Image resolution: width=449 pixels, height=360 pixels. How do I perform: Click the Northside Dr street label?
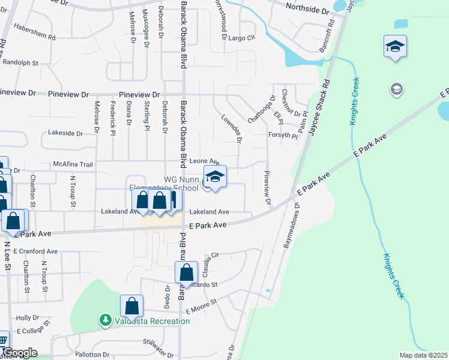(x=308, y=11)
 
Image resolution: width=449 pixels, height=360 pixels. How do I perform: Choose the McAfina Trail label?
(x=73, y=164)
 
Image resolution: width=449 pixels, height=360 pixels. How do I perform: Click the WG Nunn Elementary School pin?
(x=215, y=177)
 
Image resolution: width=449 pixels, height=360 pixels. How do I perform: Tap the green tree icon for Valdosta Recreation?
(x=106, y=321)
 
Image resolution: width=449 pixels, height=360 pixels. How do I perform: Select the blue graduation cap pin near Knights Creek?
(x=395, y=46)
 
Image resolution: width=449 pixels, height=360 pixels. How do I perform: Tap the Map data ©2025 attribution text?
(x=423, y=355)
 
